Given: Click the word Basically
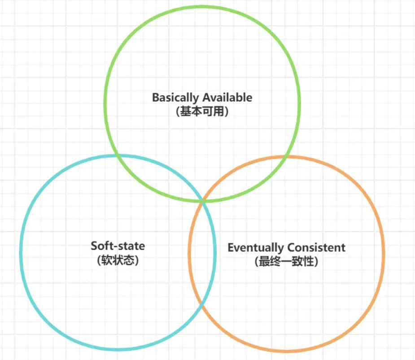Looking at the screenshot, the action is tap(175, 98).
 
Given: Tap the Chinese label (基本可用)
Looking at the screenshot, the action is tap(202, 111).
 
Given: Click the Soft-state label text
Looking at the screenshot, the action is tap(118, 246).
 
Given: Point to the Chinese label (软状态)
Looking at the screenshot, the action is tap(118, 260).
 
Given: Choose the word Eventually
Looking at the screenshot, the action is tap(256, 248).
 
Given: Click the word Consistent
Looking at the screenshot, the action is tap(316, 247).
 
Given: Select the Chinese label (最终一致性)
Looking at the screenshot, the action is tap(286, 262).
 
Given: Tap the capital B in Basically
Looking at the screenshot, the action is tap(156, 97).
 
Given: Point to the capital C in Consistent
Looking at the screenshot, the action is tap(292, 247).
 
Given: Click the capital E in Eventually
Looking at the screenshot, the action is tap(231, 247).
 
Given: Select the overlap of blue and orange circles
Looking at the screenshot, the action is tap(202, 254).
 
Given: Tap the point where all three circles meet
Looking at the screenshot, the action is tap(202, 202).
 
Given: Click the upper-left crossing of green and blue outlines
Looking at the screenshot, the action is tap(117, 156).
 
